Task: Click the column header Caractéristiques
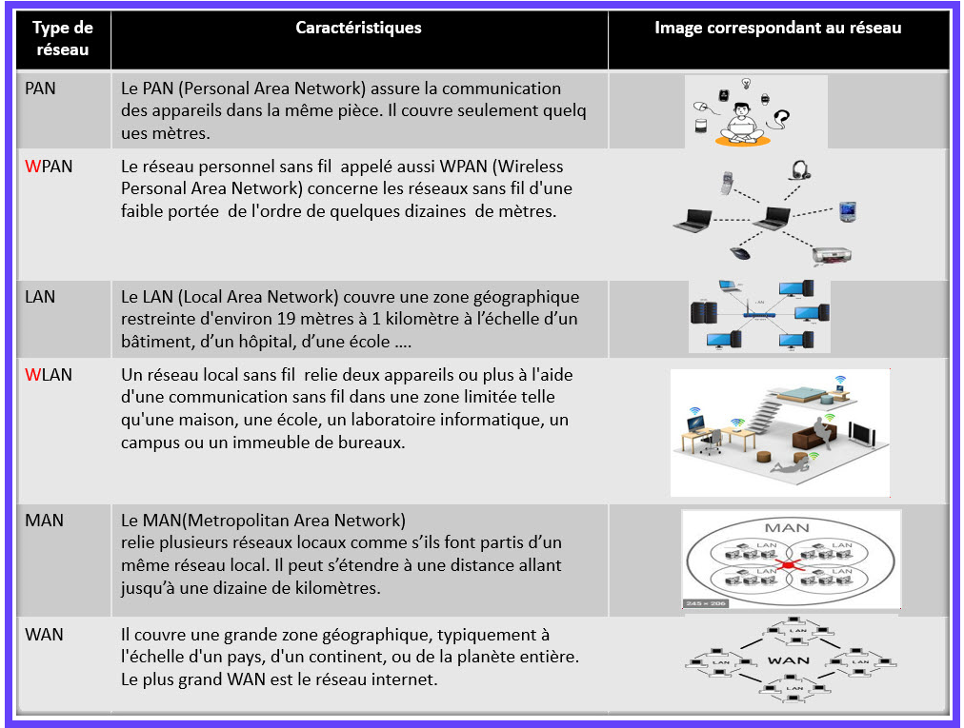(x=358, y=29)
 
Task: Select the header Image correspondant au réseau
(x=777, y=29)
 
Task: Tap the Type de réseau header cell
(x=63, y=38)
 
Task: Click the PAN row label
(x=41, y=89)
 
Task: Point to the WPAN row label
(x=49, y=167)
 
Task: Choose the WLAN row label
(x=49, y=375)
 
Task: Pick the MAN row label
(x=44, y=521)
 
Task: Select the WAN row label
(x=45, y=634)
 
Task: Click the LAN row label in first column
(x=40, y=297)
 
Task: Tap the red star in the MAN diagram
(x=788, y=566)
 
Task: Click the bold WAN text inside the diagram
(x=789, y=659)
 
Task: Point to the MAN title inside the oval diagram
(x=788, y=528)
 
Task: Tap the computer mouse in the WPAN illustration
(x=739, y=253)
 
